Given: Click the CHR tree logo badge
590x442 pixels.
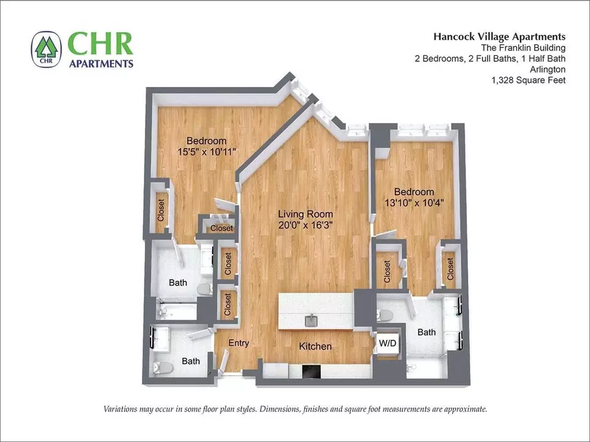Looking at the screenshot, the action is (46, 49).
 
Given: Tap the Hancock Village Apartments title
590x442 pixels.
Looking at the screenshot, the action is (499, 36).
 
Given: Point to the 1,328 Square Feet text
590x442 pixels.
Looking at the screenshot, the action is (529, 80).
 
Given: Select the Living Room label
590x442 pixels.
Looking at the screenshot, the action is (305, 214).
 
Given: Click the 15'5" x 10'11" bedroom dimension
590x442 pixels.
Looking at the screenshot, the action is (206, 152).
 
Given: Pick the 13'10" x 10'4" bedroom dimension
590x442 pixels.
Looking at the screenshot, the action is (414, 203).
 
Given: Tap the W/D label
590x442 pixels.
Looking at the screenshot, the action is (387, 343).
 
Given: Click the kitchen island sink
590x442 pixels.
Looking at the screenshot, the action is (312, 321).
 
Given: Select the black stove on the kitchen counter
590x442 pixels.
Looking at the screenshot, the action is (311, 372).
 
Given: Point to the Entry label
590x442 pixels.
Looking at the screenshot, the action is (238, 343).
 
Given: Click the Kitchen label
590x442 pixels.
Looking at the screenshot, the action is (315, 346).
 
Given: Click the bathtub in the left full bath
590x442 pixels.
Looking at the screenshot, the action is (176, 311).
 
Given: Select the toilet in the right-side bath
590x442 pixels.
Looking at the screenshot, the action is (386, 315).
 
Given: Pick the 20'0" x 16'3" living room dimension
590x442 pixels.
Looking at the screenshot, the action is (305, 225).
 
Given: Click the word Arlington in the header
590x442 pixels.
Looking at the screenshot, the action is (548, 69).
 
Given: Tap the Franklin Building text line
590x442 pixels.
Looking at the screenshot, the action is (523, 48).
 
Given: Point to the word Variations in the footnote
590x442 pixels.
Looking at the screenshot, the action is (120, 409).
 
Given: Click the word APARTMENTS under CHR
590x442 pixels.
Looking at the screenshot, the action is (101, 63).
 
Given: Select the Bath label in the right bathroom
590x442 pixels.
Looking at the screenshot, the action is (427, 332).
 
